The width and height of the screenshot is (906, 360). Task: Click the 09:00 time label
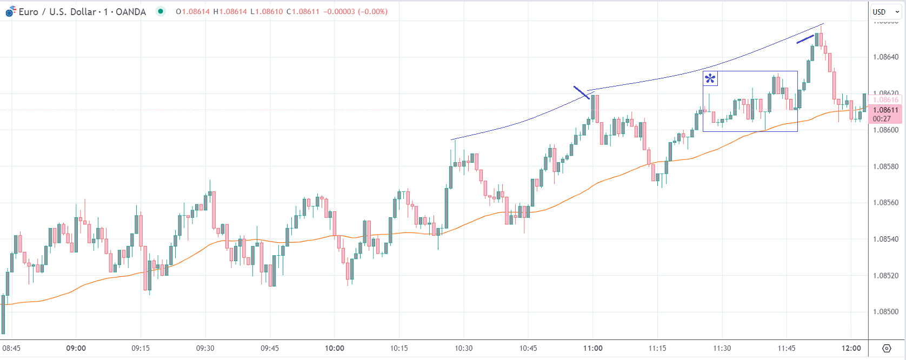76,348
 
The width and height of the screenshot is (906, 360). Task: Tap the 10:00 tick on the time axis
335,348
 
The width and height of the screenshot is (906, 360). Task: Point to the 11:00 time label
593,348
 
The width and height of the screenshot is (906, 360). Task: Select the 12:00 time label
851,348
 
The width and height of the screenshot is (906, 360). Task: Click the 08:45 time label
11,348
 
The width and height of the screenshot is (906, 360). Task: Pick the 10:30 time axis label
464,348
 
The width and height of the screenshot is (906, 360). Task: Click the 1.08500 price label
885,312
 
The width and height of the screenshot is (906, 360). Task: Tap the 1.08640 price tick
885,57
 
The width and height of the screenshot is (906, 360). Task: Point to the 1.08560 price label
885,203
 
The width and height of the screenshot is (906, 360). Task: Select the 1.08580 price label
885,166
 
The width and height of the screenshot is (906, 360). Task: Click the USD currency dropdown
885,12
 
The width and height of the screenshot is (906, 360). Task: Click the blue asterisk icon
710,79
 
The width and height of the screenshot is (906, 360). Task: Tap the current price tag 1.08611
885,110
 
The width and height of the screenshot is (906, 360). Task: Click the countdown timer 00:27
882,119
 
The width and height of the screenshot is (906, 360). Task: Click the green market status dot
161,11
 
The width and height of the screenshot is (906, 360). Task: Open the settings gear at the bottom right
887,348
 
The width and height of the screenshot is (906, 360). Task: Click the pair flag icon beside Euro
10,11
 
